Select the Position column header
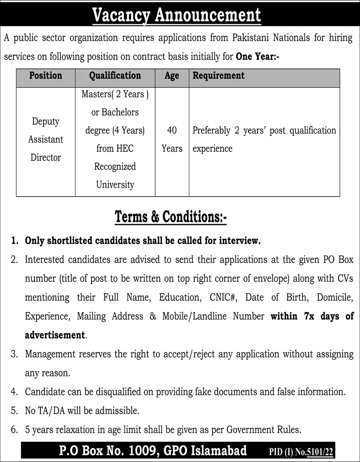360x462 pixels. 45,75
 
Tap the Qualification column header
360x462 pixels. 115,75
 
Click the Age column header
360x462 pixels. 172,76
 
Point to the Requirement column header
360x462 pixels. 218,75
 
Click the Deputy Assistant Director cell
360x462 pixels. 45,139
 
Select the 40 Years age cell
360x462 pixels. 172,139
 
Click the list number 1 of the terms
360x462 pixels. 14,241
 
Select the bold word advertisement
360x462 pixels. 54,335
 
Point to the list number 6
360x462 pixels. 14,429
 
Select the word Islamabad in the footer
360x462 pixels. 215,450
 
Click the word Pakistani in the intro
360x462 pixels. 250,38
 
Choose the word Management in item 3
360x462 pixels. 50,354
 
